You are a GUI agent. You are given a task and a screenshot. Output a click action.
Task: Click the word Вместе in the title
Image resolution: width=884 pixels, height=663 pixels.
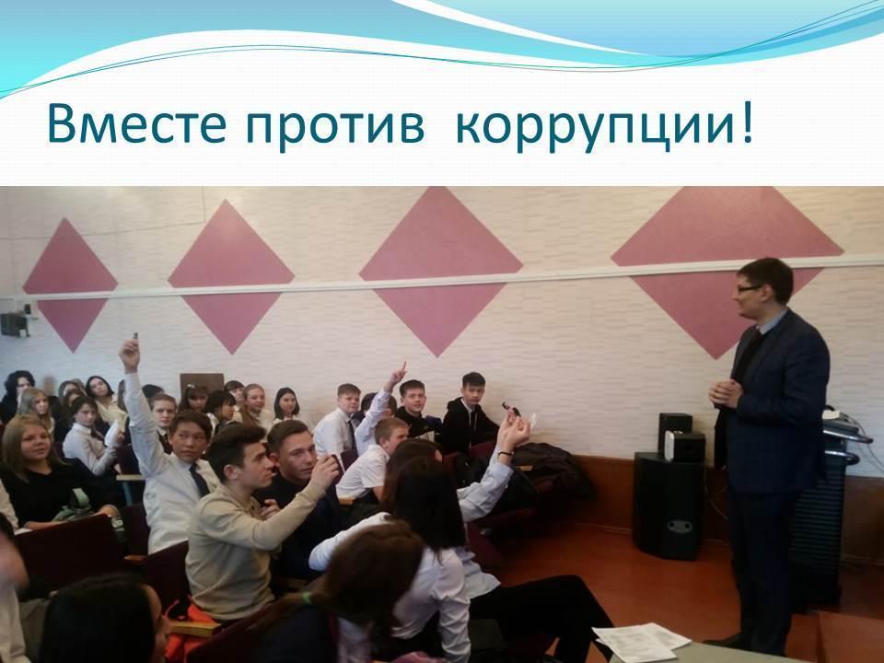point(137,123)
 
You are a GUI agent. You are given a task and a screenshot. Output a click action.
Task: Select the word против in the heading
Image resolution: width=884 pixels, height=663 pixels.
point(335,126)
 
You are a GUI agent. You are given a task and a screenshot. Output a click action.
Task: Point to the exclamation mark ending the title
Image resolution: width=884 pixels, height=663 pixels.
point(747,123)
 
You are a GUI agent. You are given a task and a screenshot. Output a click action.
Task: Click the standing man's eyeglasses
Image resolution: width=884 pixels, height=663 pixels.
point(750,288)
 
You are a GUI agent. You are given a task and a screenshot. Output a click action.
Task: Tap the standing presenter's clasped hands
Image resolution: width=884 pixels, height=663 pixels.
point(725,392)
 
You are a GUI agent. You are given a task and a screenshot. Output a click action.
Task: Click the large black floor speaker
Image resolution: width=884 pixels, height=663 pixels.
point(669,505)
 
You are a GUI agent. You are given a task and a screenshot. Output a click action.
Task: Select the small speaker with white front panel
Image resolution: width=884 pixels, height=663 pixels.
point(684,447)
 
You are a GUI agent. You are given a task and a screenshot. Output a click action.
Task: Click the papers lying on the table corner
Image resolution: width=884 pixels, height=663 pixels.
point(642,641)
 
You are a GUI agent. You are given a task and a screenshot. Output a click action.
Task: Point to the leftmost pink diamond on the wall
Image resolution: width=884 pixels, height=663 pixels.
point(69,285)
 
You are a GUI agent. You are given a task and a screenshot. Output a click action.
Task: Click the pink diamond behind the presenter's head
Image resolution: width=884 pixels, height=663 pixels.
point(727,271)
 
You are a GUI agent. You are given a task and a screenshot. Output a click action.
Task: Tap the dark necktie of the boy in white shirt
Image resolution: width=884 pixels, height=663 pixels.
point(199,480)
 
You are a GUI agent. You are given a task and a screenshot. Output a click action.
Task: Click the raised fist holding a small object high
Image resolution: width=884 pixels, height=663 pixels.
point(130,354)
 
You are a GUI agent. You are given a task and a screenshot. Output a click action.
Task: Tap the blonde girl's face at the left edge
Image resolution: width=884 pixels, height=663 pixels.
point(31,444)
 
